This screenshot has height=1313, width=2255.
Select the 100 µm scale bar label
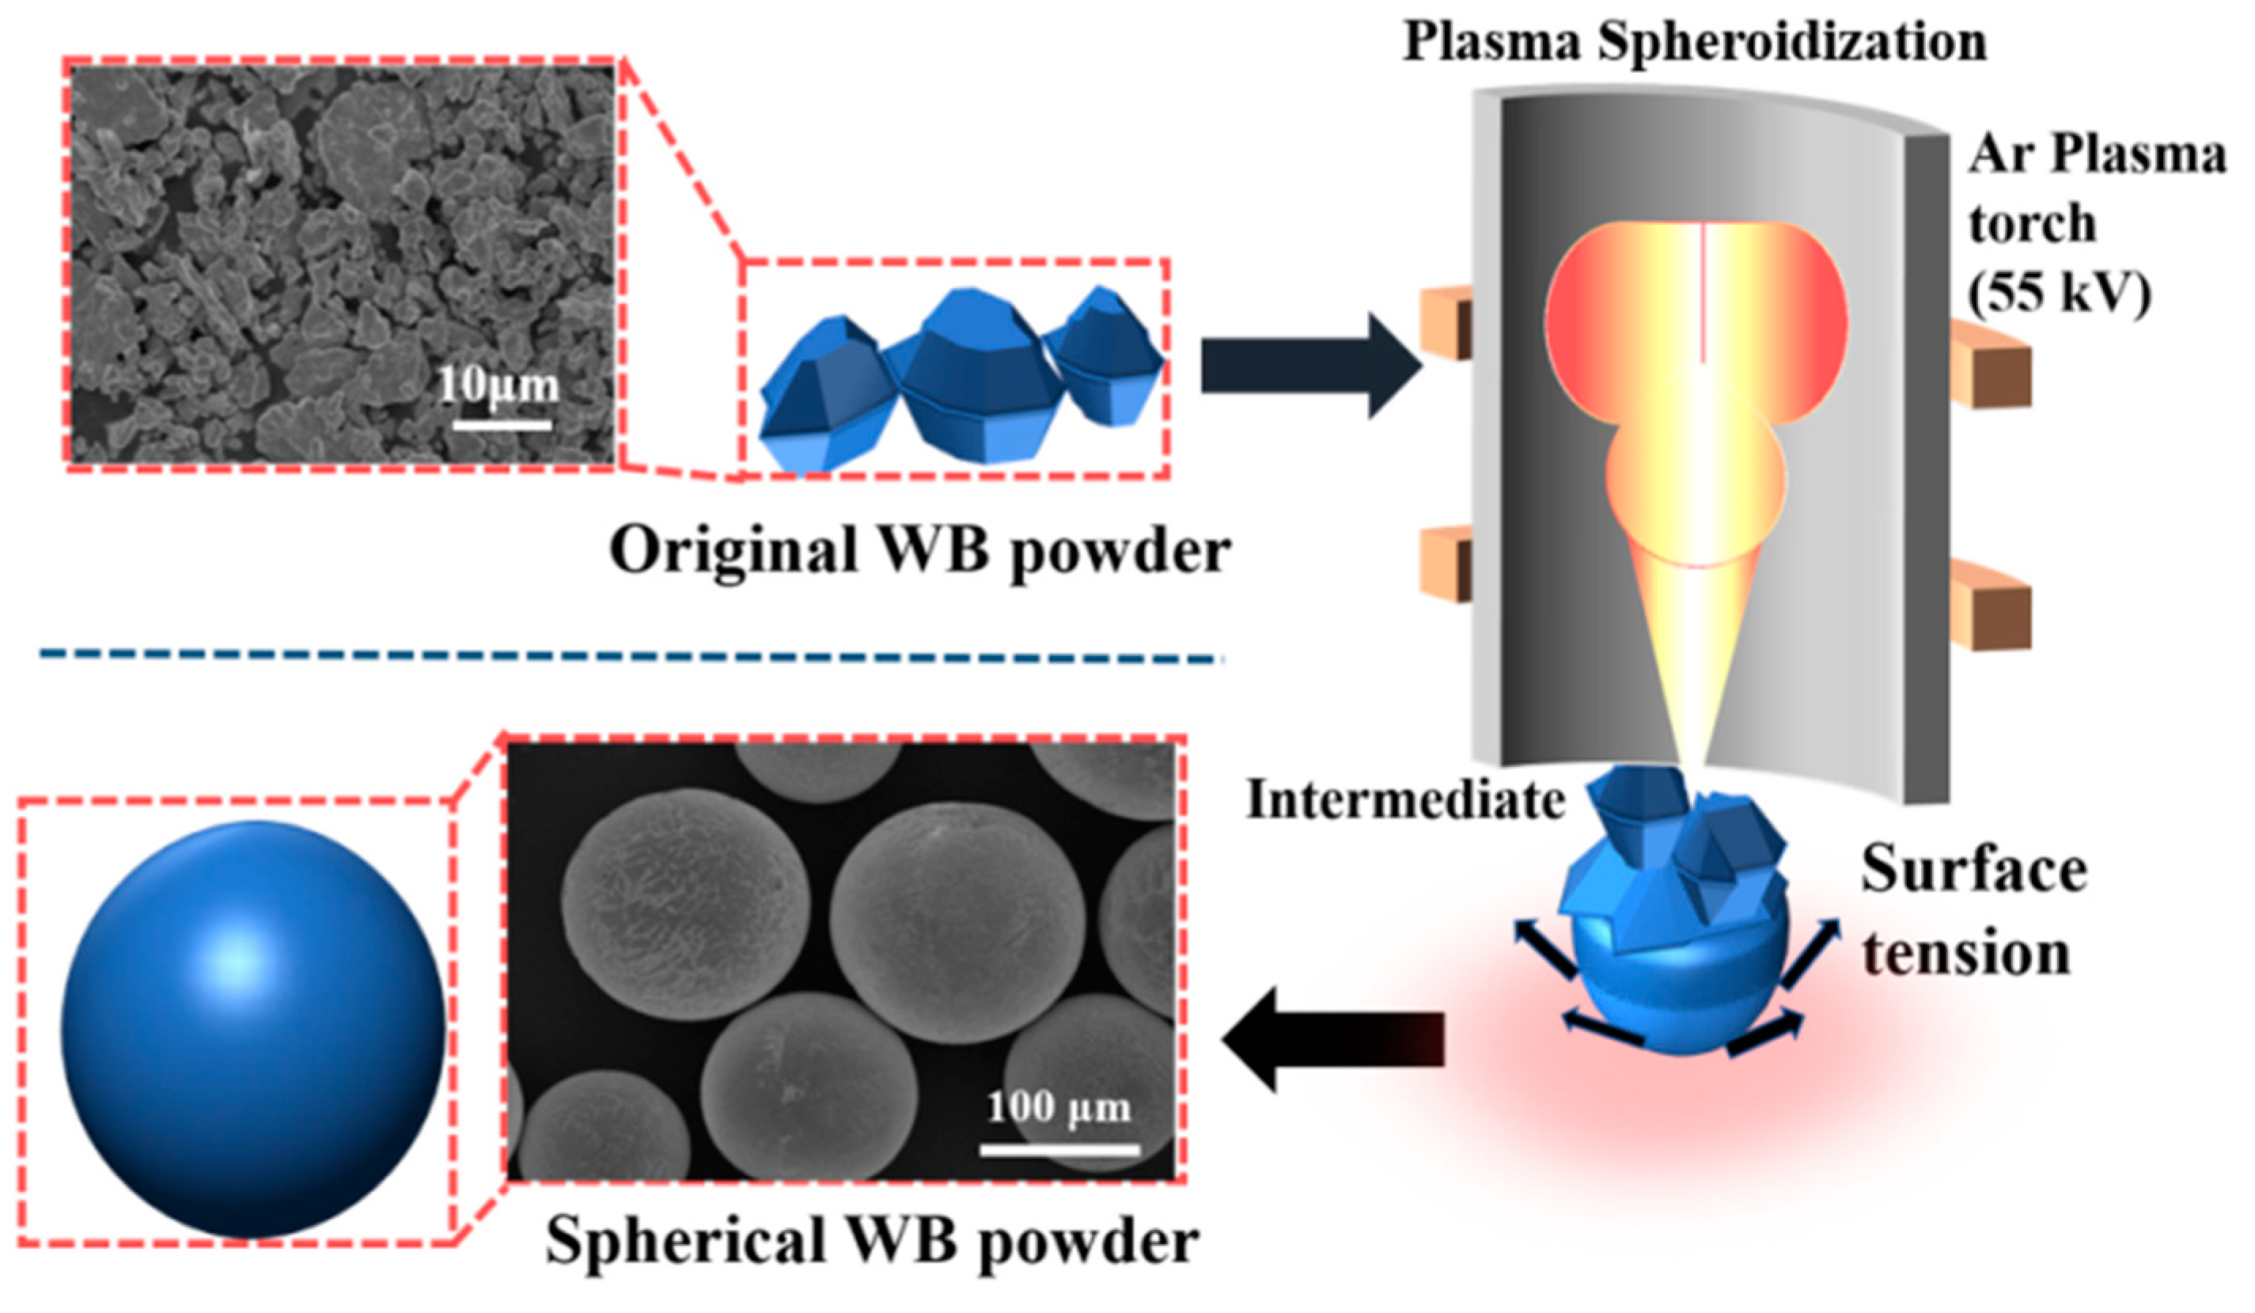1059,1110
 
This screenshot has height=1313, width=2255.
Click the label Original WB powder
920,549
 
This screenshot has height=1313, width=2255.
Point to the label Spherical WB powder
873,1243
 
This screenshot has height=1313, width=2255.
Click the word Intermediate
1406,800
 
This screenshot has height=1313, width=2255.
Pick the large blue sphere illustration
252,1030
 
